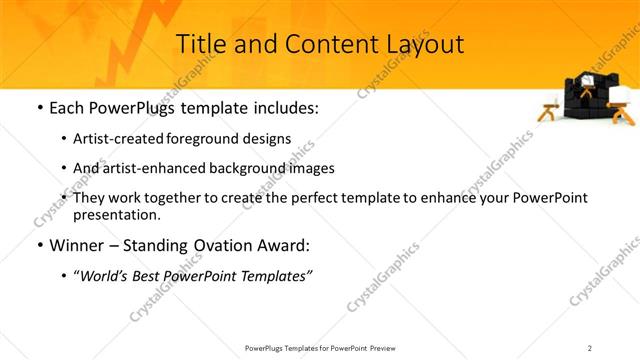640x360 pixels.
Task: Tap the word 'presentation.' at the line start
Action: (117, 214)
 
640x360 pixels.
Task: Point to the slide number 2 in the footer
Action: (590, 347)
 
